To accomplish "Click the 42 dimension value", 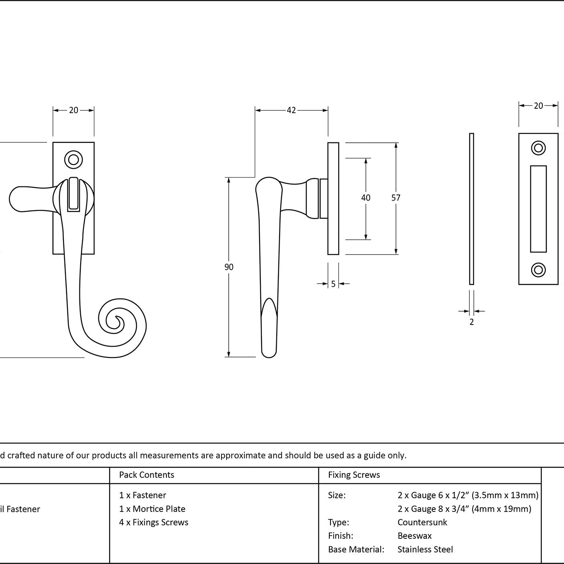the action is click(291, 110).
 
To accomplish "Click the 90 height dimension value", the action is click(229, 267).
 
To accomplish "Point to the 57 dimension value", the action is click(396, 198).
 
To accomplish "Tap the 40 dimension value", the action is click(365, 198).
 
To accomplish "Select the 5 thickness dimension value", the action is click(333, 284).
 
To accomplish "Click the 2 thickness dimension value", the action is click(471, 322).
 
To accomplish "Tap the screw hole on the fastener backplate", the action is click(73, 160).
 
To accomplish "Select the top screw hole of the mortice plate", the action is click(538, 148).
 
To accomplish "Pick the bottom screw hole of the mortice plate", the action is click(538, 270).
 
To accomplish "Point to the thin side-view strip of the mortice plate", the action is click(471, 209).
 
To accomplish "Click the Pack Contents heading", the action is click(146, 475).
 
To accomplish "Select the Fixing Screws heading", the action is click(354, 475).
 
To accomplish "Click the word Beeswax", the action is click(414, 536).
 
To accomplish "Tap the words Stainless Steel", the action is click(425, 550).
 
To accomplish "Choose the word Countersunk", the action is click(422, 522).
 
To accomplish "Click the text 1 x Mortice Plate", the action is click(152, 509).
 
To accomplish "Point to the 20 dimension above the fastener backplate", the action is click(73, 110).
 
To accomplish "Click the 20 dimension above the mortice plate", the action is click(538, 105).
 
